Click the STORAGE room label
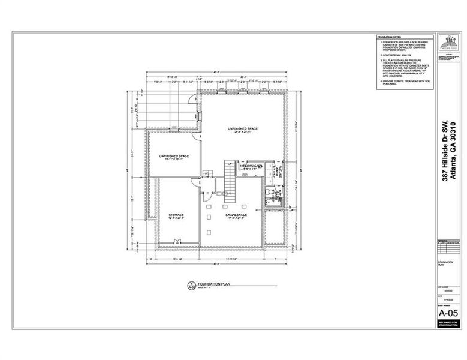pyautogui.click(x=176, y=214)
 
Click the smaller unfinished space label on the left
pyautogui.click(x=174, y=158)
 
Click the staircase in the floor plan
pyautogui.click(x=231, y=178)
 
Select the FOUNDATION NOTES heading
pyautogui.click(x=390, y=37)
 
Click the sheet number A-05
pyautogui.click(x=448, y=313)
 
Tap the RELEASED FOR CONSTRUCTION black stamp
pyautogui.click(x=448, y=324)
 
